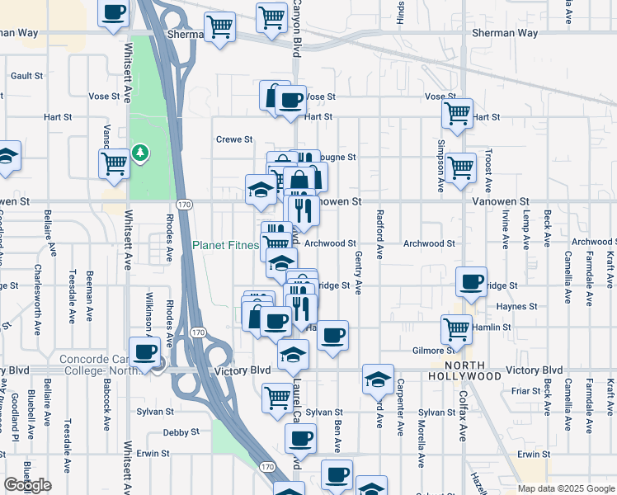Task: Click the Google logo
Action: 27,485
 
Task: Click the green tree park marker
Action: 141,153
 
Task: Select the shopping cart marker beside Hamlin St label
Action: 456,329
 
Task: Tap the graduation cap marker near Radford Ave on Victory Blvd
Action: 378,379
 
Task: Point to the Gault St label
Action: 27,75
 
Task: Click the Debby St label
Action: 181,431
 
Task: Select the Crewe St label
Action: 234,139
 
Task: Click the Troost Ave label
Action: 488,173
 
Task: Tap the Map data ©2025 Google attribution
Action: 565,488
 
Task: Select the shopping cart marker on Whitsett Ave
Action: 114,163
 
